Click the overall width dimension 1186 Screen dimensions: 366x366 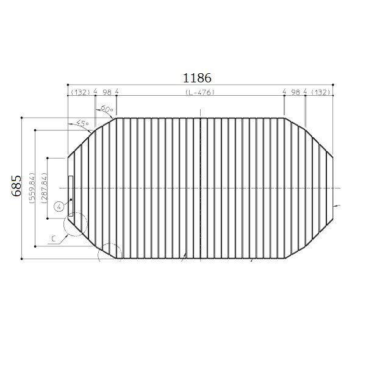pos(197,78)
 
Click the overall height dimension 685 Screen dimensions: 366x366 pos(16,186)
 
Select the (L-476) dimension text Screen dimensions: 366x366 pos(200,93)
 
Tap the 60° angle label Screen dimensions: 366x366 pos(107,109)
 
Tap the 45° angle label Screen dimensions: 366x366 pos(82,123)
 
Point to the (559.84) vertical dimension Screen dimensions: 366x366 pos(32,188)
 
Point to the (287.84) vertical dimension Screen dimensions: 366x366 pos(45,188)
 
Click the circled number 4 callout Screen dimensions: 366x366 pos(59,206)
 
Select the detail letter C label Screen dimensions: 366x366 pos(54,239)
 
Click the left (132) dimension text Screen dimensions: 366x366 pos(81,93)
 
